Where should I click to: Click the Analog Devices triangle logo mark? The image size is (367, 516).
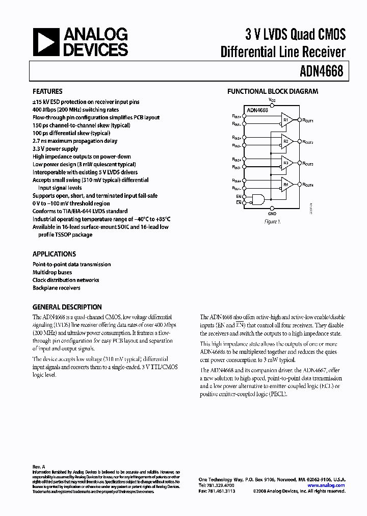(x=45, y=41)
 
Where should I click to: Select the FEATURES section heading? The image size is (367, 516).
(x=47, y=92)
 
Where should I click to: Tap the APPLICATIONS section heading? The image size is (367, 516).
(x=54, y=254)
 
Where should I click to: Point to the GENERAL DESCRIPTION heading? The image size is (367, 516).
(x=67, y=307)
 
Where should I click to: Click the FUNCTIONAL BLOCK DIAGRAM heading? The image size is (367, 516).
(x=273, y=92)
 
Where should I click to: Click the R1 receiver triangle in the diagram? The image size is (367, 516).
(x=287, y=120)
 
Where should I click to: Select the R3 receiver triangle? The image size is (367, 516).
(x=287, y=164)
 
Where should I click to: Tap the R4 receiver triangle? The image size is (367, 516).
(x=287, y=184)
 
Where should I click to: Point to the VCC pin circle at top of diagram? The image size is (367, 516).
(x=272, y=104)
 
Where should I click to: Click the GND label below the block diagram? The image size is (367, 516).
(x=272, y=214)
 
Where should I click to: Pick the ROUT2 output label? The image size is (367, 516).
(x=308, y=142)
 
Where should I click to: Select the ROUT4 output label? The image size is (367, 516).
(x=308, y=185)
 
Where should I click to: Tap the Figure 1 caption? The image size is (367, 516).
(x=272, y=222)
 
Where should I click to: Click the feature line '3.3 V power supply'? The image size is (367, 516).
(x=56, y=149)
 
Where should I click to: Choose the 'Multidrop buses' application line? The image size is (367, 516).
(x=52, y=272)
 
